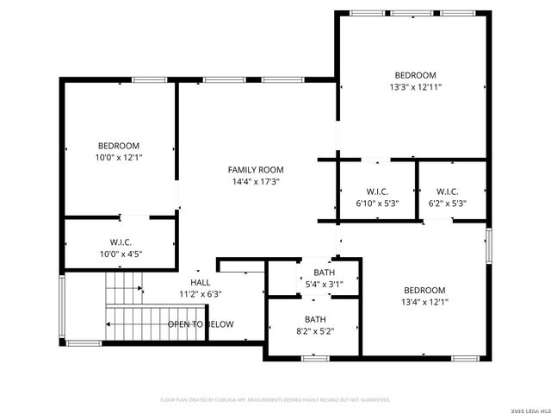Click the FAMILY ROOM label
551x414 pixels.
click(255, 170)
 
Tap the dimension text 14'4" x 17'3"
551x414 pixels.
click(255, 182)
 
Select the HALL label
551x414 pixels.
click(200, 282)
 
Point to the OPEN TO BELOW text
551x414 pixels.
click(200, 324)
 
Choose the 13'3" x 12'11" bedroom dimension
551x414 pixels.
click(415, 87)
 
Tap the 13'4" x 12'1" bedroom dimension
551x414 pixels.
click(424, 302)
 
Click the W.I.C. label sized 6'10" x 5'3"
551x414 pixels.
click(377, 191)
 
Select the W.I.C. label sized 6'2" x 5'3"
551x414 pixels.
click(447, 191)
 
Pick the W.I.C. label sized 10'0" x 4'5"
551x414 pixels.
click(121, 242)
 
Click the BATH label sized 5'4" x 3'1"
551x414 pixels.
click(324, 273)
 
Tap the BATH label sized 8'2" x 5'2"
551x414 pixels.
click(315, 318)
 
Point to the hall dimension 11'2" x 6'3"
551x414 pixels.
click(200, 294)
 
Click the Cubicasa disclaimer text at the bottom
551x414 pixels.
click(275, 400)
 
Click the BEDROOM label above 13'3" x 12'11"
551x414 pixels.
click(415, 75)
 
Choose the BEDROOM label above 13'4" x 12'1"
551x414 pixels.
click(424, 290)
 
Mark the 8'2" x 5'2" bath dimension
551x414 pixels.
click(315, 330)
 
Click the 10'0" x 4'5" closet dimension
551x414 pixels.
click(121, 254)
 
